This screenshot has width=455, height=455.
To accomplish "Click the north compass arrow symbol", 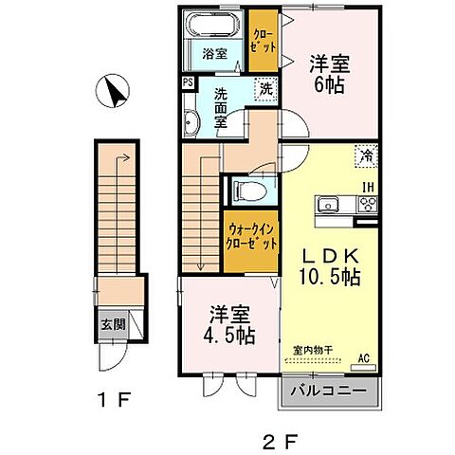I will (x=115, y=92).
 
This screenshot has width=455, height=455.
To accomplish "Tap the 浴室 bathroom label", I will (x=214, y=54).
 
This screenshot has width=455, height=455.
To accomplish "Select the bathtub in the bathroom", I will (x=214, y=25).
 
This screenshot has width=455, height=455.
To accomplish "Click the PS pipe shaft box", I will (x=189, y=82).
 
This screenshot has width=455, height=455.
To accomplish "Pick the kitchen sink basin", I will (x=333, y=204).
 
